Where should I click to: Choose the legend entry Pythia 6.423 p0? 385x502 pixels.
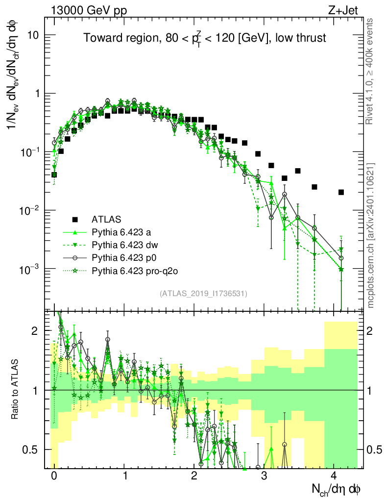121,256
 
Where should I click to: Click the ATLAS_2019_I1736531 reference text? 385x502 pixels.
204,294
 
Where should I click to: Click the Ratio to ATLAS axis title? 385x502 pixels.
15,390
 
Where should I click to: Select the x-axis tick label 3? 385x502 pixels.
264,476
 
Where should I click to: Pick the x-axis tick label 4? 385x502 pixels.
334,476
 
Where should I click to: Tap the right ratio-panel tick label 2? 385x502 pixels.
371,331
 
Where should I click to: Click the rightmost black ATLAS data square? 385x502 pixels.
341,192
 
